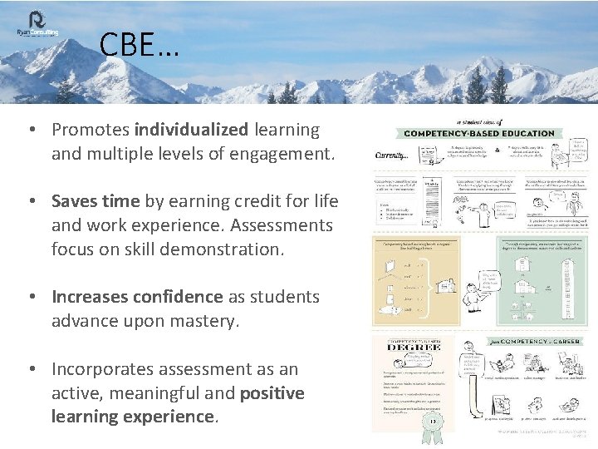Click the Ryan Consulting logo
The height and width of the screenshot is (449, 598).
pos(37,23)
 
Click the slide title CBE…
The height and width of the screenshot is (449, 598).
pos(138,45)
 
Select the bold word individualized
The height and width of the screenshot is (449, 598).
pos(191,130)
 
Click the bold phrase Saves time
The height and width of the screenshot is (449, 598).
pos(96,201)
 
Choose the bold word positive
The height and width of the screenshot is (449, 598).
pos(272,392)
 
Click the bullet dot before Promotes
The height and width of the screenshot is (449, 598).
pos(29,131)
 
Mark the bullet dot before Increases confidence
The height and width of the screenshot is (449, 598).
pos(29,298)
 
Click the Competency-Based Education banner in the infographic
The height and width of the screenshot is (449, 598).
pos(478,133)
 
